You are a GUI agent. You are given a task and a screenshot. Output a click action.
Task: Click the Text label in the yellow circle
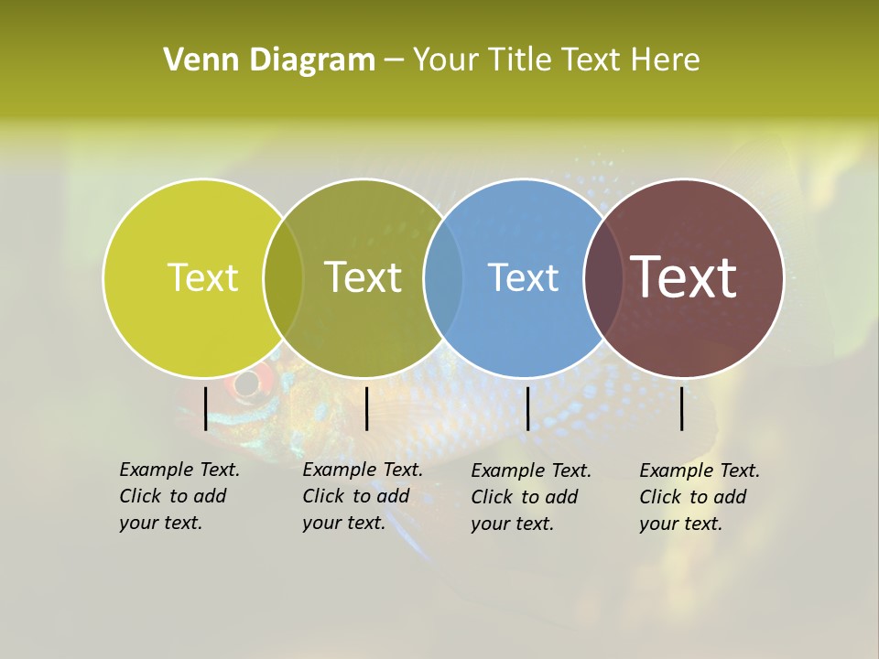pos(202,277)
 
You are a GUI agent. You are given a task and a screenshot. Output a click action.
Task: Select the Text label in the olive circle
pos(364,277)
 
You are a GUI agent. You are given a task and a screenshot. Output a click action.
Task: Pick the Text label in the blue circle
pos(523,277)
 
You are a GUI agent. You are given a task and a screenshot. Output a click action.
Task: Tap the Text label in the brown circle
pos(684,277)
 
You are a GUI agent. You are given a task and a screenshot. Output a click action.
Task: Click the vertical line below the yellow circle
pos(205,408)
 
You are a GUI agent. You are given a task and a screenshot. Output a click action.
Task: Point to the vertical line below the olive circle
pos(366,408)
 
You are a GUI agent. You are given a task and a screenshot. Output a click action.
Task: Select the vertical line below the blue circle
pos(527,408)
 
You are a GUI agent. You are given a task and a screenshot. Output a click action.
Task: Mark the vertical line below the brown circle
pos(682,408)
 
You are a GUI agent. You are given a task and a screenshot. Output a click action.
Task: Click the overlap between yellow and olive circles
pos(283,277)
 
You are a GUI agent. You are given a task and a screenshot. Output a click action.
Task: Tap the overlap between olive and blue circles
pos(443,277)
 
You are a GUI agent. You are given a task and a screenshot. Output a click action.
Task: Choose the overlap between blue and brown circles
pos(603,277)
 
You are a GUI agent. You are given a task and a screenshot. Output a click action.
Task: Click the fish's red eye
pos(247,382)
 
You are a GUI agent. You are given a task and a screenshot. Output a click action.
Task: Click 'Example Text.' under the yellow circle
pos(179,470)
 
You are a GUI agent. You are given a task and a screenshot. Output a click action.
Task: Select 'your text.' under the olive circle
pos(343,523)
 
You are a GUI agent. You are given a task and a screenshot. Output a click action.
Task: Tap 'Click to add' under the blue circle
pos(524,497)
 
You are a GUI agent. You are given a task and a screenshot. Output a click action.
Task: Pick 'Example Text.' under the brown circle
pos(700,470)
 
